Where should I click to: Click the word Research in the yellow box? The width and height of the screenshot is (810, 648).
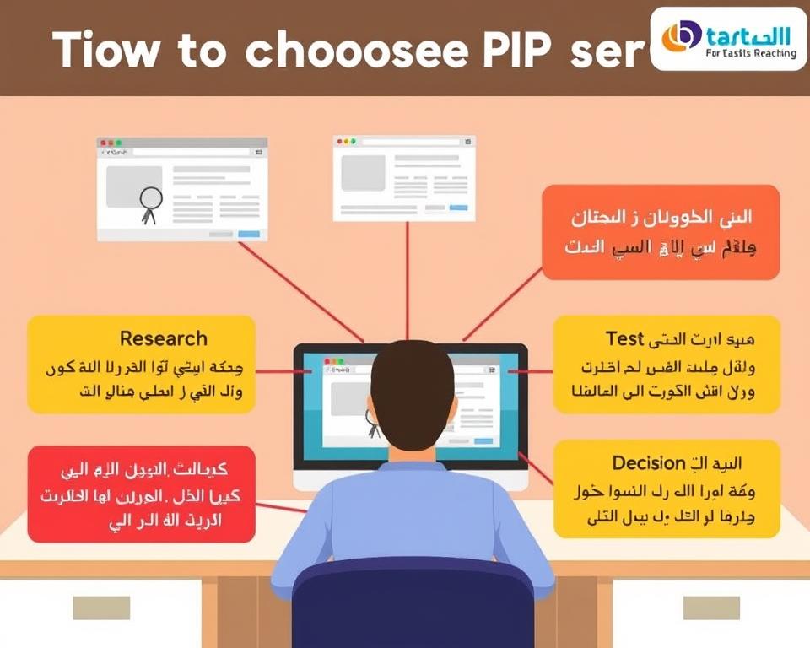pos(163,338)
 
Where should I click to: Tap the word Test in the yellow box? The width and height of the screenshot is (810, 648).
pos(625,338)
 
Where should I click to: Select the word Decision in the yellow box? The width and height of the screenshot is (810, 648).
pos(648,462)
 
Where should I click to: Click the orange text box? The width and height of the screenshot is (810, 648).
pos(661,231)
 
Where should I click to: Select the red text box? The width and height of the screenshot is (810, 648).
pos(141,494)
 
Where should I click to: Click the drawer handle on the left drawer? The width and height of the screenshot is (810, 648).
pos(100,607)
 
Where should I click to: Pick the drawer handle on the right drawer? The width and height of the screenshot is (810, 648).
pos(710,607)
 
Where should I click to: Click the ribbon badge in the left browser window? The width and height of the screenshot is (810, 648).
pos(149,203)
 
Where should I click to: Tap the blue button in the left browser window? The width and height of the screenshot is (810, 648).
pos(249,234)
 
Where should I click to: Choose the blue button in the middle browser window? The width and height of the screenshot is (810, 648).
pos(458,208)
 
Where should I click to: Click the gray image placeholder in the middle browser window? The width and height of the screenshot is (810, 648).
pos(363,172)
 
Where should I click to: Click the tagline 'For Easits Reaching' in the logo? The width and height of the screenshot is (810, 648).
pos(750,53)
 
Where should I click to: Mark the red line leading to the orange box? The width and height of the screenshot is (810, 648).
pos(503,304)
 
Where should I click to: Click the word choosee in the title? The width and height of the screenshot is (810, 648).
pos(356,51)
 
